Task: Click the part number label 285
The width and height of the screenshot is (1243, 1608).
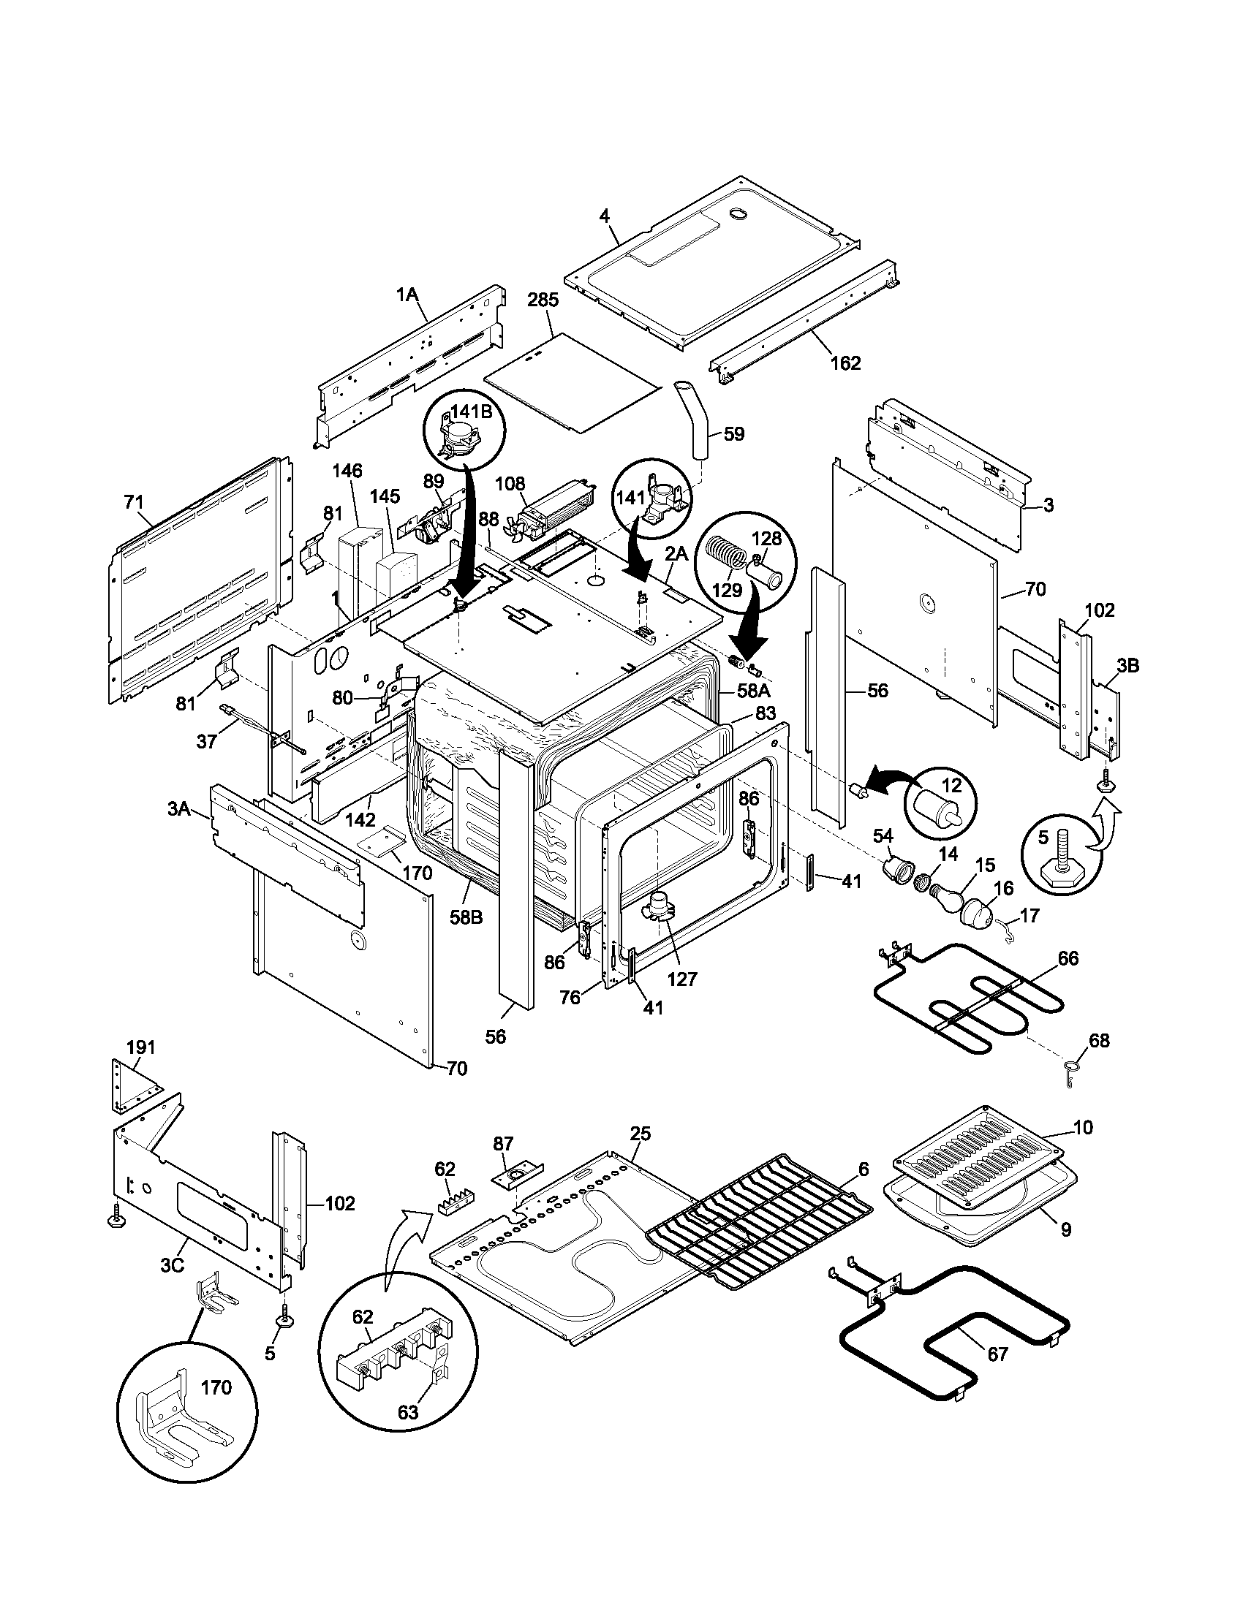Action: (543, 300)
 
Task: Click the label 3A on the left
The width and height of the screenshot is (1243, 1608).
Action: (179, 810)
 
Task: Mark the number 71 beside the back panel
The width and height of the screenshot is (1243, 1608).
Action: (133, 503)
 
